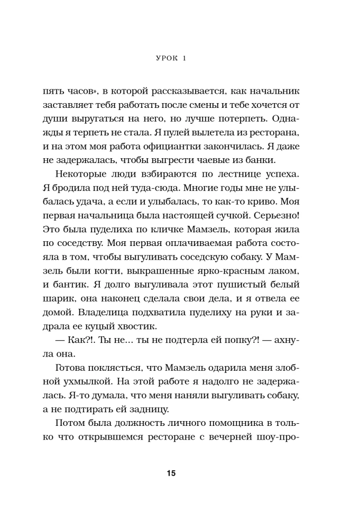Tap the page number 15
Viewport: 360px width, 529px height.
(x=180, y=473)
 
